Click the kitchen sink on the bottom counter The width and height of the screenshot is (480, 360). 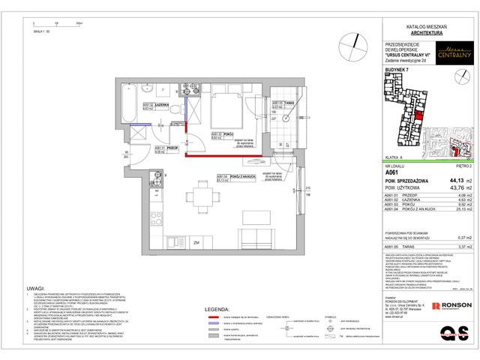click(160, 224)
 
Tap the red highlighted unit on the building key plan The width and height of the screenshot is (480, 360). click(419, 113)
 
